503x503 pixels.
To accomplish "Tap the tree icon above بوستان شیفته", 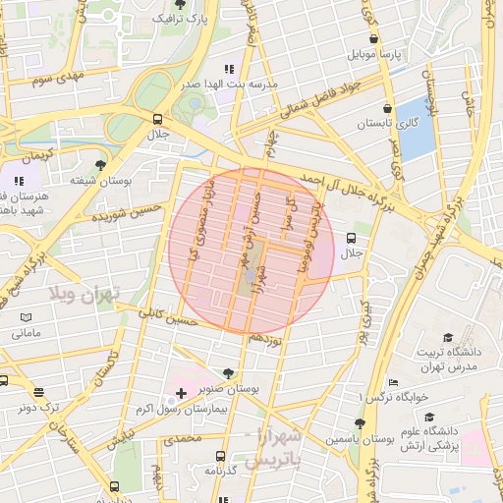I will pos(101,165).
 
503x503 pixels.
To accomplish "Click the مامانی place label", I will pos(27,334).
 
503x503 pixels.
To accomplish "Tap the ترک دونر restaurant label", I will pos(42,405).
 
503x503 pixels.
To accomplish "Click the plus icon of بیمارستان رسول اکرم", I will pos(180,394).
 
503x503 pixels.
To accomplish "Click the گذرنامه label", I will pos(224,471).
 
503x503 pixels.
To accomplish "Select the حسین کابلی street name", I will pos(170,316).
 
